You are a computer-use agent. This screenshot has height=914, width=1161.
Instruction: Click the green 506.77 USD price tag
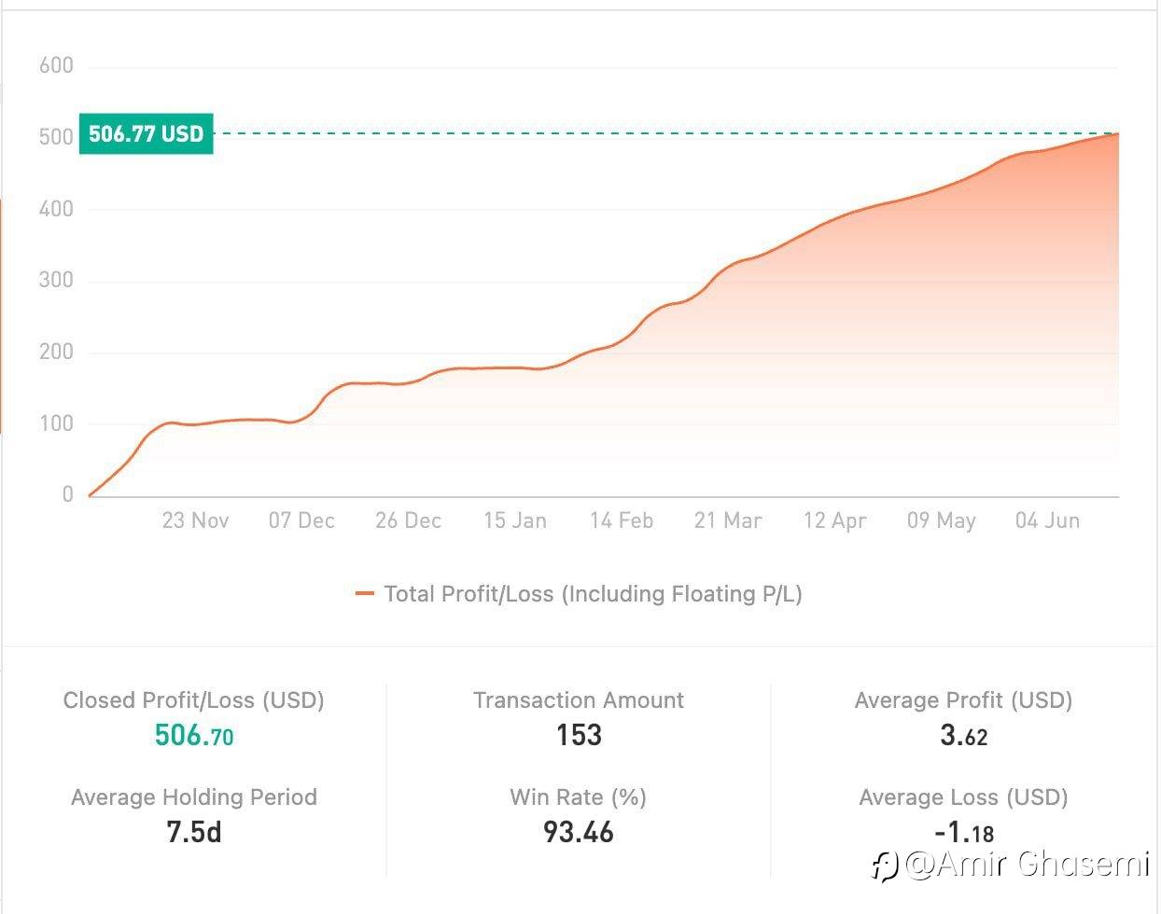(147, 133)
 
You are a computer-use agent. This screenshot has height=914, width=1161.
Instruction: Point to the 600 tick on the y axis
(56, 65)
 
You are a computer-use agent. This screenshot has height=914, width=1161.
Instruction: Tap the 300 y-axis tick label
(56, 281)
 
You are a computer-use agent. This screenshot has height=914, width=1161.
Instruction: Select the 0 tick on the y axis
(67, 494)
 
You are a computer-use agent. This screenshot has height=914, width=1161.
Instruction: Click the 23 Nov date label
(195, 520)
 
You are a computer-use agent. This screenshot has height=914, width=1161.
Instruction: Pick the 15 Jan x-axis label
(515, 520)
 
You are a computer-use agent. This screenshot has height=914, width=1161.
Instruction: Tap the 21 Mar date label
(728, 520)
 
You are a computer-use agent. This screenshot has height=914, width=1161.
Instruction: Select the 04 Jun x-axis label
(1047, 520)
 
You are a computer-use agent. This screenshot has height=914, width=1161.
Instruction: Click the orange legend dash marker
(365, 594)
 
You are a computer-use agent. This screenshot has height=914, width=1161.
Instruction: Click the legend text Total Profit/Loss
(594, 594)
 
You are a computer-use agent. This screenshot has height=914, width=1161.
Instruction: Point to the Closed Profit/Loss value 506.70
(194, 736)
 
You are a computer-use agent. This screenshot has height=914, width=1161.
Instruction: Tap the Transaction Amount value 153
(579, 735)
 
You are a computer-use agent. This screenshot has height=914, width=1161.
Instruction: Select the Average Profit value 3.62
(963, 736)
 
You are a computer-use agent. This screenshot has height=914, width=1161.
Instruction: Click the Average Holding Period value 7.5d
(194, 832)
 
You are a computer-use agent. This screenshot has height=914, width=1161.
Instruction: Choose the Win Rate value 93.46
(579, 832)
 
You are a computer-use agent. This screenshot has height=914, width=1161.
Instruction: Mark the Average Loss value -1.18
(963, 832)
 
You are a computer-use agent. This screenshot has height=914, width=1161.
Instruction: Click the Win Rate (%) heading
(579, 797)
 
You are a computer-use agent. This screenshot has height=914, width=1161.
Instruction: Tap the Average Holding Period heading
(194, 797)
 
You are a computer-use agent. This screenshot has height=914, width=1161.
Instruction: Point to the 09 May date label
(941, 520)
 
